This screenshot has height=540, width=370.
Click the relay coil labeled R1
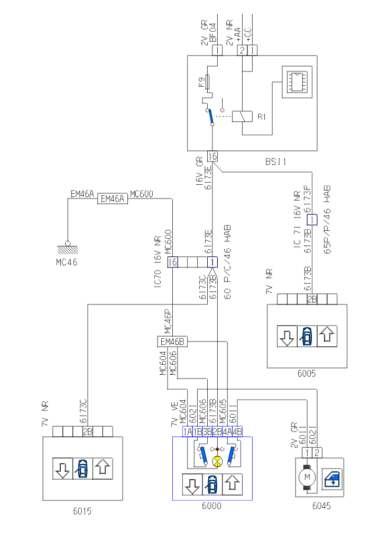pos(242,116)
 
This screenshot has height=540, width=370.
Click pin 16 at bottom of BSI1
pos(212,156)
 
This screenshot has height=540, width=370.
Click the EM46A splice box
pos(112,199)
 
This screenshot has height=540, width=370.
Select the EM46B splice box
pos(172,341)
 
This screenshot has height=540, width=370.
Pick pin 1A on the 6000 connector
pos(187,431)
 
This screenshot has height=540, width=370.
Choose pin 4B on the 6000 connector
pos(237,431)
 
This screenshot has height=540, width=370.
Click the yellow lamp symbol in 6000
pos(217,462)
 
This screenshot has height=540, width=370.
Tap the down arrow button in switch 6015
pos(62,469)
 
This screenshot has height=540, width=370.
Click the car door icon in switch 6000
pos(212,484)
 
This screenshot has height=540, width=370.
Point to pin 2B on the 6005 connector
pos(312,299)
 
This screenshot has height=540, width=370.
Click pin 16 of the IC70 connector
pos(172,262)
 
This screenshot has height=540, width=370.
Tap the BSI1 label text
pos(275,162)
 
